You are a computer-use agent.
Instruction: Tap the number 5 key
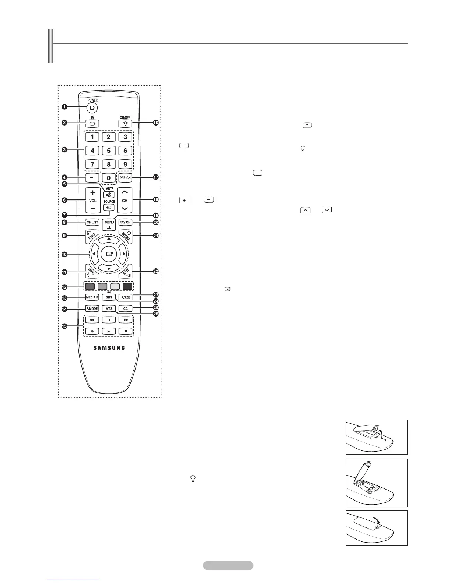point(109,150)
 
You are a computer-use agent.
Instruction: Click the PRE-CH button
point(125,178)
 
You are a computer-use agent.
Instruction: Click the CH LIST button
point(92,222)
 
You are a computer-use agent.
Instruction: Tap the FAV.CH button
point(125,222)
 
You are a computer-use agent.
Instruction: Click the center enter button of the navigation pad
point(109,254)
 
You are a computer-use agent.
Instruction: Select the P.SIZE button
point(126,297)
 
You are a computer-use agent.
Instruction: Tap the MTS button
point(109,308)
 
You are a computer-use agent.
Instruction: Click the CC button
point(126,308)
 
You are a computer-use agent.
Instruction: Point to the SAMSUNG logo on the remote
point(108,348)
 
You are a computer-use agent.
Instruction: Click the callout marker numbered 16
point(156,123)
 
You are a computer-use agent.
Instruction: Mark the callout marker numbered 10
point(64,254)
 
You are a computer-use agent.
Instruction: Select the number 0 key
point(109,178)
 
